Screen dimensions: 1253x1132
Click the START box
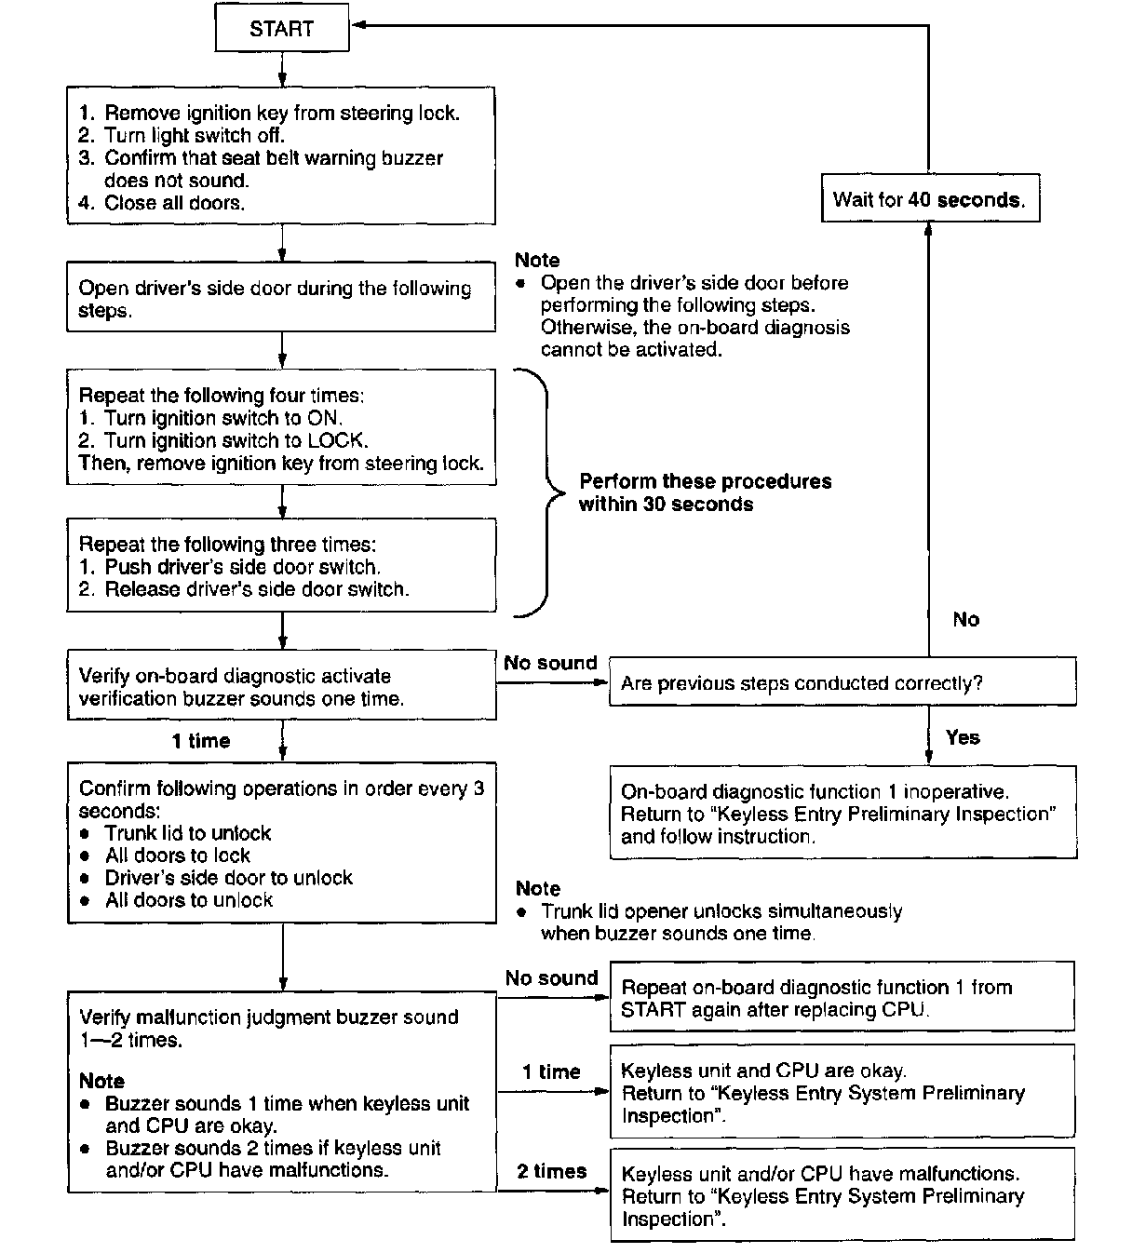(x=281, y=29)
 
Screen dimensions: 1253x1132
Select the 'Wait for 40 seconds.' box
(x=929, y=199)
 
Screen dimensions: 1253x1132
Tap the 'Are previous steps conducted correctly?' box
(x=842, y=682)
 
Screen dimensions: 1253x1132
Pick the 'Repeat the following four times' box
(x=281, y=428)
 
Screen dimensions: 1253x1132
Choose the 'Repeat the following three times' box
(x=281, y=566)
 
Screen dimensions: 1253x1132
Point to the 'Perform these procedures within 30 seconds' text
(x=704, y=492)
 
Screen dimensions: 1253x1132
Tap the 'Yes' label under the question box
(x=963, y=737)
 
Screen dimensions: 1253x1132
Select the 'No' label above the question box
(x=965, y=619)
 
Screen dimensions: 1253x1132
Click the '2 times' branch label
(x=552, y=1171)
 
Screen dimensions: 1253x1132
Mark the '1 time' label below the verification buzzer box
(x=201, y=741)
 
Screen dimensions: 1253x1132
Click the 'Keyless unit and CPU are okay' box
(x=842, y=1092)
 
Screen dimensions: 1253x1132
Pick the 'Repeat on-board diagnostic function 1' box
(x=842, y=998)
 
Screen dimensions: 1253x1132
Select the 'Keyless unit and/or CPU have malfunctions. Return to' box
(x=842, y=1195)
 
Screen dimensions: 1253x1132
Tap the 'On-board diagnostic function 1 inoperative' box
(x=842, y=813)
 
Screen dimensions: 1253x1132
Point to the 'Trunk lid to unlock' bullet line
(x=187, y=833)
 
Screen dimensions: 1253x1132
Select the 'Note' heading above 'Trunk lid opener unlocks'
(x=538, y=888)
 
